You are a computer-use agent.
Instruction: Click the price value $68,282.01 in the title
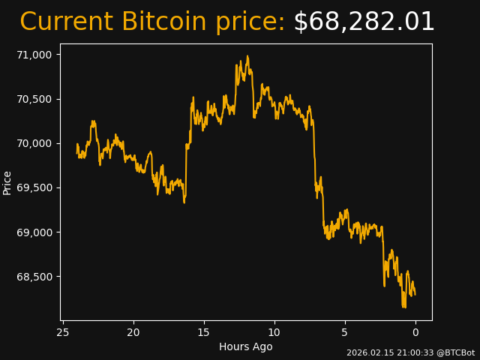(x=364, y=22)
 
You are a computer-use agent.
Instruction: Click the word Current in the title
(x=66, y=22)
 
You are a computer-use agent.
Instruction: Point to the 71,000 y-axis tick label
(x=34, y=55)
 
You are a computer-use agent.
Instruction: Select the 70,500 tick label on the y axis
(x=34, y=99)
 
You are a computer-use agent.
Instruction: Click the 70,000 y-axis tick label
(x=34, y=143)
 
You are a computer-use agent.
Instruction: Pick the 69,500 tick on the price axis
(x=34, y=187)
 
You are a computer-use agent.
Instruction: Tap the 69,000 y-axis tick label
(x=34, y=232)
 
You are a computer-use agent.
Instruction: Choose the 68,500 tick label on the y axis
(x=34, y=277)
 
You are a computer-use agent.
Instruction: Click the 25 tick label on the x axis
(x=63, y=332)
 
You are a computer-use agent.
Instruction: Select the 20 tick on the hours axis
(x=133, y=332)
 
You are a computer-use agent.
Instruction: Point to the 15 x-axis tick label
(x=204, y=332)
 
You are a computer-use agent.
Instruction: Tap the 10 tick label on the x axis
(x=274, y=332)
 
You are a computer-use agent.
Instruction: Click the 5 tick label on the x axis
(x=345, y=332)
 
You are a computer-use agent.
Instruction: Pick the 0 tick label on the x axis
(x=415, y=332)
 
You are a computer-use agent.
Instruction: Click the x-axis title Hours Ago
(x=246, y=346)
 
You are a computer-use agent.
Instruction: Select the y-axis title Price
(x=7, y=182)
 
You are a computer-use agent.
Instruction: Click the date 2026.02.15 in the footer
(x=367, y=352)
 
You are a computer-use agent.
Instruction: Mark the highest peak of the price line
(x=247, y=56)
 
